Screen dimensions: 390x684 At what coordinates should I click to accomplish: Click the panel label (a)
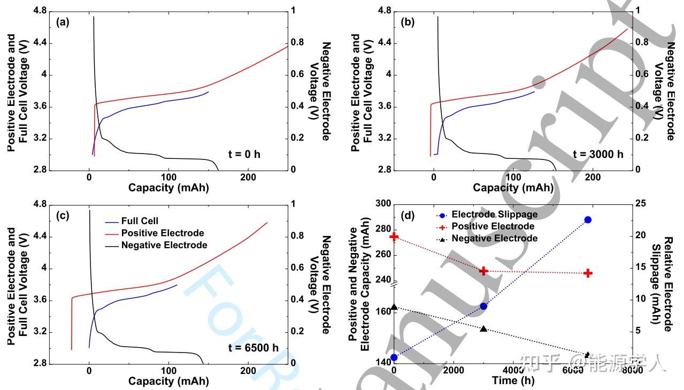tap(63, 22)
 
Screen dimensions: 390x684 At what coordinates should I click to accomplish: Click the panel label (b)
tap(408, 22)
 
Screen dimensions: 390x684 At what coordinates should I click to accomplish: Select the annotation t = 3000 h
tap(598, 155)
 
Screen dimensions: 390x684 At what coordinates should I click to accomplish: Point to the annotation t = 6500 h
tap(253, 348)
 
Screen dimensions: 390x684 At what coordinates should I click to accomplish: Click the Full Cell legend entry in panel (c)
tap(140, 221)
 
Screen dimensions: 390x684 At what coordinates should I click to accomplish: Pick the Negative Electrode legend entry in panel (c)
tap(164, 246)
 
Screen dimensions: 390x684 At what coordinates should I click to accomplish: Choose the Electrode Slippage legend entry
tap(495, 215)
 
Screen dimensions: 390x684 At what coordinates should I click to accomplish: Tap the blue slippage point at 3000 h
tap(483, 306)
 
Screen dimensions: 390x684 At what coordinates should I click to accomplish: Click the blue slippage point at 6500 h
tap(588, 220)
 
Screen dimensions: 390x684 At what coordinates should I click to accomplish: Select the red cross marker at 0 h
tap(394, 236)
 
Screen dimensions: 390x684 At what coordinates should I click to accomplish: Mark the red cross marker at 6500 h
tap(588, 273)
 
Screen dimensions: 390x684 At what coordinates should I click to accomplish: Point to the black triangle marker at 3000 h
tap(483, 328)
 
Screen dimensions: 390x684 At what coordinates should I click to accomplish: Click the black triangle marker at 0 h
tap(394, 307)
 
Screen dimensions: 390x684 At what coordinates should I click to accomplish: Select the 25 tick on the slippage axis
tap(641, 204)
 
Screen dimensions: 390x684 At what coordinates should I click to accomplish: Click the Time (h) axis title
tap(513, 381)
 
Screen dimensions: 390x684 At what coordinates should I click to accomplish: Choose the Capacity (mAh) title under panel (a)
tap(168, 188)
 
